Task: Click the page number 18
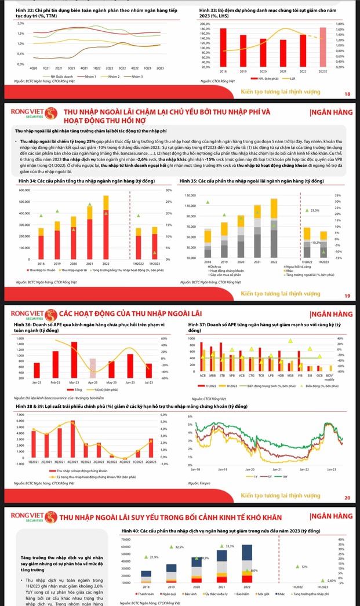click(x=347, y=94)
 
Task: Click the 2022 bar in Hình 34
click(x=106, y=226)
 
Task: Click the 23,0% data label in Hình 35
click(x=315, y=210)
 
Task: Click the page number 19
click(x=347, y=297)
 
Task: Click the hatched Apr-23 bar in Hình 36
click(x=93, y=368)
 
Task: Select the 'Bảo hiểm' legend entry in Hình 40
click(x=239, y=594)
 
